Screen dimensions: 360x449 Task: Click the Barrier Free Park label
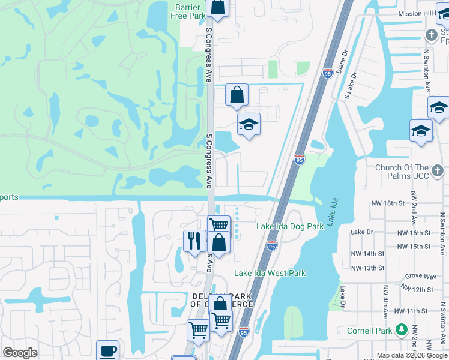pos(187,11)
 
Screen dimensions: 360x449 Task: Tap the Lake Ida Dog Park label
pos(290,226)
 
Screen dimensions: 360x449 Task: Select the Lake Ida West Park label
pos(270,273)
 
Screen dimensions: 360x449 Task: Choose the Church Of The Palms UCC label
pos(402,172)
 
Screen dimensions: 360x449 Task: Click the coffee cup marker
pos(107,351)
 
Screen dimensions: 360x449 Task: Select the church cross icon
pos(432,35)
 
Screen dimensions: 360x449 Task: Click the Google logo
pos(20,353)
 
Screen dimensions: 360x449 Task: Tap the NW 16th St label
pos(414,233)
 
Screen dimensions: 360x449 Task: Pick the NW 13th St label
pos(367,268)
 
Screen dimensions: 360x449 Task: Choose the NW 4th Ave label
pos(385,299)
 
